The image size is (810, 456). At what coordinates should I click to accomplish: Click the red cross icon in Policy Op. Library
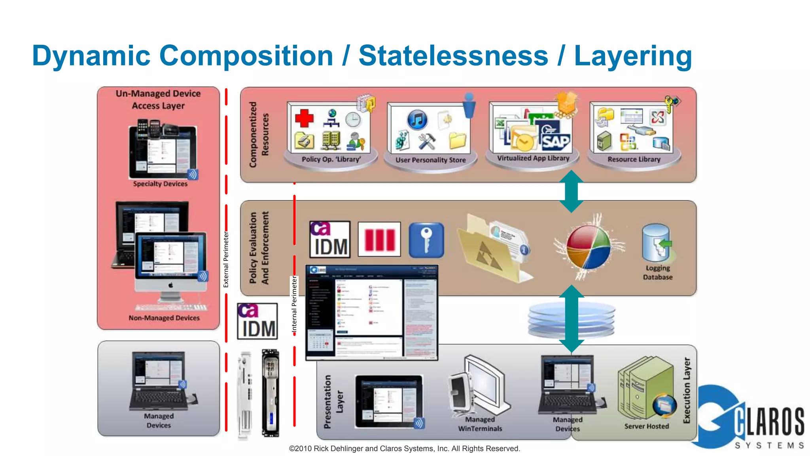(x=304, y=118)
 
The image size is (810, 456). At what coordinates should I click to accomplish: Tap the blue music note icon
(x=417, y=119)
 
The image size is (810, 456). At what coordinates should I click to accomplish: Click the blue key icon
(x=426, y=240)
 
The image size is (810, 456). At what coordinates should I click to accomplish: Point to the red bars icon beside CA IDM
(x=379, y=239)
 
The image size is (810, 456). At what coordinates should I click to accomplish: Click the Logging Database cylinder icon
(x=657, y=242)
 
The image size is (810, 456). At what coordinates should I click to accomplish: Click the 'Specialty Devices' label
(x=160, y=184)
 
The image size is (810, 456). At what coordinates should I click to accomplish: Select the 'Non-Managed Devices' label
(x=164, y=318)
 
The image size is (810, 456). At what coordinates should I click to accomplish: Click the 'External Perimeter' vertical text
(x=226, y=259)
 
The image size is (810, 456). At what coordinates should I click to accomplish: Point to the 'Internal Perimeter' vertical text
(x=294, y=304)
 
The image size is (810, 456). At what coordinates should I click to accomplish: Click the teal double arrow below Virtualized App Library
(x=571, y=191)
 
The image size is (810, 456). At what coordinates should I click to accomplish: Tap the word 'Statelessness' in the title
(x=453, y=56)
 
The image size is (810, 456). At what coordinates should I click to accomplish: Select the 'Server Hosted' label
(x=646, y=426)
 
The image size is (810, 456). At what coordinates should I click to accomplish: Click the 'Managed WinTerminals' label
(x=480, y=424)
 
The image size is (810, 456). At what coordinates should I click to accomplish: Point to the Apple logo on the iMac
(x=170, y=285)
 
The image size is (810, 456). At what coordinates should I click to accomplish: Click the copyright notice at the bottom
(x=404, y=448)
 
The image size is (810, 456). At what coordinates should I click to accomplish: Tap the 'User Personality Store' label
(x=430, y=160)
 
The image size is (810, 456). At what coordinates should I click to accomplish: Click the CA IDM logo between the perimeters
(x=257, y=321)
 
